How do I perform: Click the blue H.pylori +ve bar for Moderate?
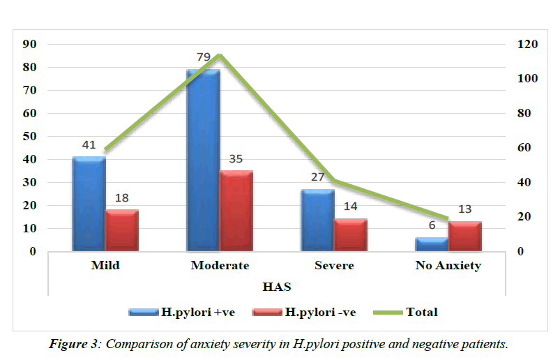tap(203, 160)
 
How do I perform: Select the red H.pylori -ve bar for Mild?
tap(122, 230)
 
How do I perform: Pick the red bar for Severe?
tap(351, 235)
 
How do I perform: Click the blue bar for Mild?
tap(89, 204)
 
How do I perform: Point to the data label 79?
tap(203, 57)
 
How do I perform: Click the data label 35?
tap(236, 158)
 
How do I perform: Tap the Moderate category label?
tap(220, 266)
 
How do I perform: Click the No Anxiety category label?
tap(448, 266)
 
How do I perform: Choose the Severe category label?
tap(334, 266)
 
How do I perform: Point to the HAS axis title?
tap(277, 287)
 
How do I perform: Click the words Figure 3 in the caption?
tap(73, 344)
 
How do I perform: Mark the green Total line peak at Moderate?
tap(219, 54)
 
